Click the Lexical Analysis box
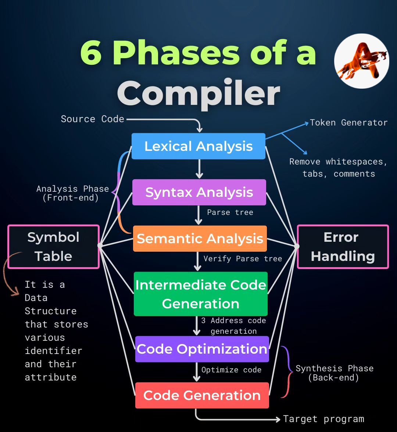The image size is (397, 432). pos(198,146)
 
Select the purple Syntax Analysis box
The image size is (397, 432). pos(199,192)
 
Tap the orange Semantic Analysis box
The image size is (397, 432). pos(200,238)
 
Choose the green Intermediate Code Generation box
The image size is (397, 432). pos(200,294)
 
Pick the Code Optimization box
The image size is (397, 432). pos(202,349)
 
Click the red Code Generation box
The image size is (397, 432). pos(202,395)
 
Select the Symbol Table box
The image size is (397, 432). pos(53,247)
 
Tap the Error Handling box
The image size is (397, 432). pos(343,247)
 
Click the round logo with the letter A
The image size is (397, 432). pos(361,61)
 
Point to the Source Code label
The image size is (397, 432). pos(92,119)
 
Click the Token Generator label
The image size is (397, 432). pos(348,123)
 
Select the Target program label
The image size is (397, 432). pos(323,419)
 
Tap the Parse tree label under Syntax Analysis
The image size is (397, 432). pos(230,212)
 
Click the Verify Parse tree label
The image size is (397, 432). pos(243,259)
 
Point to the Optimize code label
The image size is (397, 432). pos(231,370)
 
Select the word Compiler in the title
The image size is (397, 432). pos(198,93)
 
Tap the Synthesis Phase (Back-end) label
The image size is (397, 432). pos(334,373)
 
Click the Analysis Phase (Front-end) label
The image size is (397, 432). pos(72,193)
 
